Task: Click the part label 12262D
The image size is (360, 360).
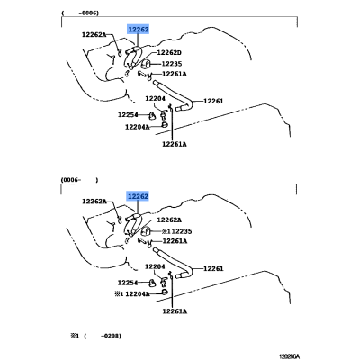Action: tap(169, 53)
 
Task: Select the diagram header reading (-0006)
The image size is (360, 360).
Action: tap(80, 13)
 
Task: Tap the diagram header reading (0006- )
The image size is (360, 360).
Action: tap(79, 180)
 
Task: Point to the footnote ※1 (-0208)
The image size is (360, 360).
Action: tap(96, 336)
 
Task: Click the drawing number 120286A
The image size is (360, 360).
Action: tap(289, 356)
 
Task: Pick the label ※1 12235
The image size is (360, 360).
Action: tap(176, 231)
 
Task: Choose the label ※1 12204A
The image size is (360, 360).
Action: tap(132, 294)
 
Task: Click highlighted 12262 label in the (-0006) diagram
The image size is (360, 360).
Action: tap(139, 30)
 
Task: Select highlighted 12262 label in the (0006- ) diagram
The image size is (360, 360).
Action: tap(139, 196)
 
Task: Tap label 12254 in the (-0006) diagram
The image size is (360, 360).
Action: tap(128, 115)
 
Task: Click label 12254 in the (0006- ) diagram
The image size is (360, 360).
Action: tap(128, 283)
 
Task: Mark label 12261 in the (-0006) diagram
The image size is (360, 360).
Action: tap(213, 101)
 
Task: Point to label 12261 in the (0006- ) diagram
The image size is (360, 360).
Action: tap(213, 268)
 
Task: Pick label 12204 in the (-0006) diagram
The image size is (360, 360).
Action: tap(155, 98)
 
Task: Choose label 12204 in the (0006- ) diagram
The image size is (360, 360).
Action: tap(155, 266)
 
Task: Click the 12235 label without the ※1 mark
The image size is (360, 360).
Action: tap(172, 64)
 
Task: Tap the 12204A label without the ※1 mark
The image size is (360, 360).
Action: tap(138, 127)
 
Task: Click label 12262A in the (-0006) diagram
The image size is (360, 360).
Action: tap(94, 35)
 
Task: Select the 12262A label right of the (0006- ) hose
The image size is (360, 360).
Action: tap(169, 220)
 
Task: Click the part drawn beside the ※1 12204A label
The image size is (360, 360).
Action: tap(164, 292)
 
